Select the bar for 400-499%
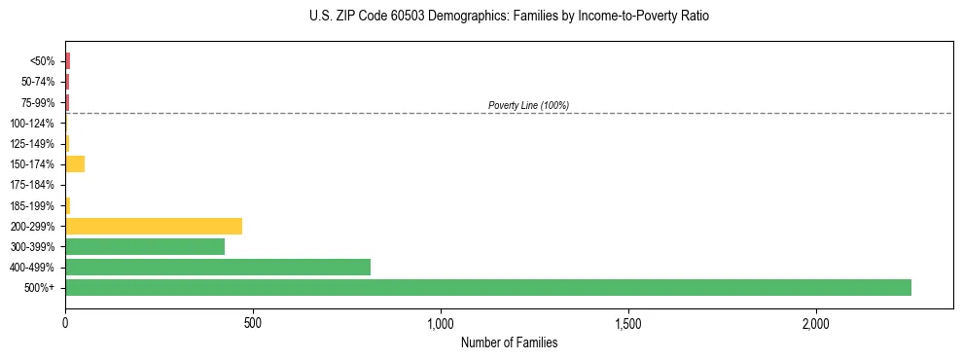point(218,267)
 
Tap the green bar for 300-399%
point(145,246)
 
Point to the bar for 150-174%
point(75,163)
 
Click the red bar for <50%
point(68,60)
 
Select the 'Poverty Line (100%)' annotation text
point(528,105)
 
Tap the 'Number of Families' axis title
point(509,342)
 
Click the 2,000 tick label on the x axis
point(816,323)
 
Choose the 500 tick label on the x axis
point(253,323)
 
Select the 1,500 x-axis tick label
point(628,323)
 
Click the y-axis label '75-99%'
point(39,102)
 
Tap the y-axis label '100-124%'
point(32,123)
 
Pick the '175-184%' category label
point(32,185)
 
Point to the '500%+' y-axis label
point(40,288)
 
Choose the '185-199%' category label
point(32,205)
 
